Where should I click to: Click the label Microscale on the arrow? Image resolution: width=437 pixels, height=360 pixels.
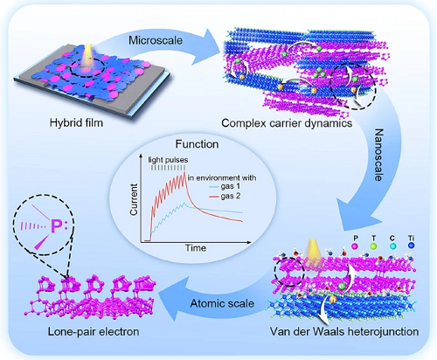(156, 40)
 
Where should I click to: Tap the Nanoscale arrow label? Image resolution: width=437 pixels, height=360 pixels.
(378, 156)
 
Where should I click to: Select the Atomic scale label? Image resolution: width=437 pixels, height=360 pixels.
(222, 303)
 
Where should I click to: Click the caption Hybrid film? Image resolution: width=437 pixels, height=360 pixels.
(76, 122)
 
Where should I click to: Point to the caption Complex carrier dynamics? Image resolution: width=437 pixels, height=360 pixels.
(287, 123)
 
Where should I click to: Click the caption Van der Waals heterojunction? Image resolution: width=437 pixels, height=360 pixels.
(344, 331)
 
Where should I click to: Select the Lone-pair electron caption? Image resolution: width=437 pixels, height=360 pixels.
(94, 331)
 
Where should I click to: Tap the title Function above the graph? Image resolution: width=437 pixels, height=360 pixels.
(197, 144)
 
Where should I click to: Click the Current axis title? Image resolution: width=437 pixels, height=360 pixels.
(134, 199)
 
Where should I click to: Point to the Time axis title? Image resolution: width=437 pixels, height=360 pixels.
(196, 248)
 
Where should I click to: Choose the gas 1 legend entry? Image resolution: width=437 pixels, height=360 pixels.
(225, 186)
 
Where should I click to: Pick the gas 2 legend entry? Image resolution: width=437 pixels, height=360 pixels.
(225, 197)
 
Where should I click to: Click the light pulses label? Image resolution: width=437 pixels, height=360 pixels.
(168, 160)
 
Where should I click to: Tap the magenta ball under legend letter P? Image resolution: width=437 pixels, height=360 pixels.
(355, 246)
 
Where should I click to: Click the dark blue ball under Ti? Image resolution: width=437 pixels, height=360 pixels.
(412, 246)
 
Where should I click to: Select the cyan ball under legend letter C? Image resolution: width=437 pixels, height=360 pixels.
(392, 246)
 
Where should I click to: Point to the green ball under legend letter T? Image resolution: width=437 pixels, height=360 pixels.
(373, 246)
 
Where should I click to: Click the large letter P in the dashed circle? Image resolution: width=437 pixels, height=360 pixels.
(56, 226)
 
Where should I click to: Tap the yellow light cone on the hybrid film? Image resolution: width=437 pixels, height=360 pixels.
(87, 56)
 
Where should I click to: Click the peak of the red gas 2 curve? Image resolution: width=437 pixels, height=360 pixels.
(185, 171)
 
